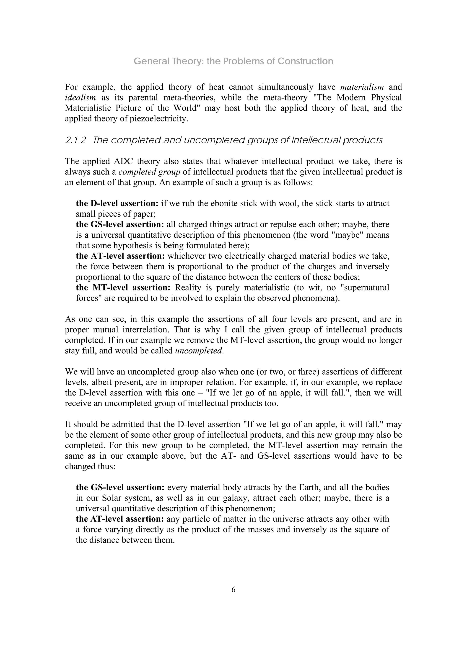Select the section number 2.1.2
pos(75,140)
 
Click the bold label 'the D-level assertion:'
pos(117,203)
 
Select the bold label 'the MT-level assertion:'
pos(123,288)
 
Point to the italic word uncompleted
pos(199,351)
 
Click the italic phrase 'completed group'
pos(149,172)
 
